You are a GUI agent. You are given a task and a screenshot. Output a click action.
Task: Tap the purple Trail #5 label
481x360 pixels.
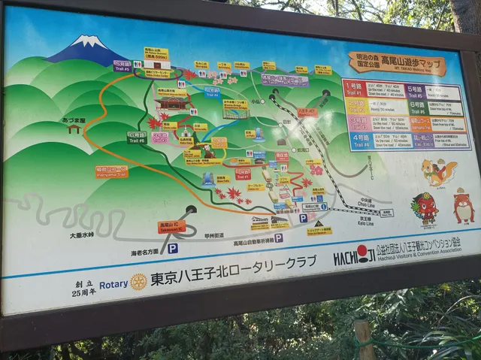tap(123, 66)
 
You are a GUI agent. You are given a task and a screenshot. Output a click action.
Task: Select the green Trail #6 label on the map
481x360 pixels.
tap(136, 138)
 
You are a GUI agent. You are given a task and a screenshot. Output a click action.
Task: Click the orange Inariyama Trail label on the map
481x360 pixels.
tap(111, 172)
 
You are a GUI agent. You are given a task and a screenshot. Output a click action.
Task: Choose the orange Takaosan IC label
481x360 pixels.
tap(171, 226)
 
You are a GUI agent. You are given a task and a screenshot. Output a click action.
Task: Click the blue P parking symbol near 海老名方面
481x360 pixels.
tap(173, 247)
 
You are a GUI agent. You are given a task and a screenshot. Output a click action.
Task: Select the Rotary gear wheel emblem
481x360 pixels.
tap(138, 282)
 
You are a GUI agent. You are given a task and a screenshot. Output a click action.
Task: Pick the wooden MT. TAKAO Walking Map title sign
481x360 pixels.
tap(396, 63)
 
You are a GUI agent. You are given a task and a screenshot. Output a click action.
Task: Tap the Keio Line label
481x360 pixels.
tap(368, 222)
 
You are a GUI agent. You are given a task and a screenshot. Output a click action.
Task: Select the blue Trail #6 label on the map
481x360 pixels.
tap(213, 93)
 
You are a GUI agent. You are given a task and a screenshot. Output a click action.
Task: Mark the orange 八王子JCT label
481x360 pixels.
tap(307, 112)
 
